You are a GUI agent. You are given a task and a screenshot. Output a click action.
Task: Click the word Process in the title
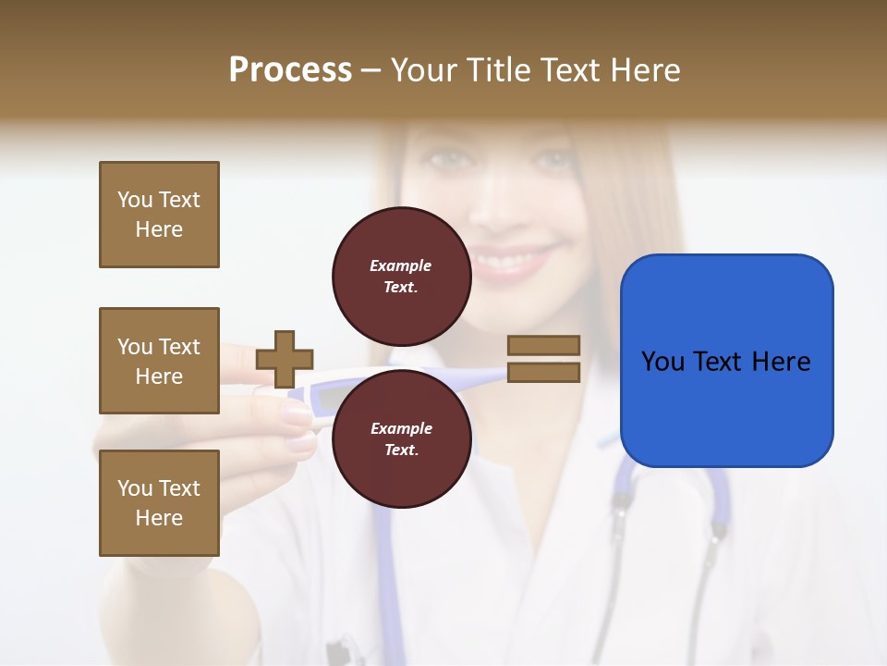point(290,69)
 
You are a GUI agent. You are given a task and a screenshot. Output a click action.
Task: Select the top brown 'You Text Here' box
point(159,215)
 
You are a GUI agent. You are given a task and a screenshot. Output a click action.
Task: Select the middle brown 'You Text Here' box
point(159,361)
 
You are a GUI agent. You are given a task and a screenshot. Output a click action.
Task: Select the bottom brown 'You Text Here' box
point(159,502)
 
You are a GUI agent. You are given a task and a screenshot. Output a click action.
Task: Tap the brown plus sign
point(284,359)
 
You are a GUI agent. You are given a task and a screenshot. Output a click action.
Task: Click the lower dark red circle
point(400,438)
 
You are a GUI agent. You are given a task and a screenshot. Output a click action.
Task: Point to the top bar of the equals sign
point(543,345)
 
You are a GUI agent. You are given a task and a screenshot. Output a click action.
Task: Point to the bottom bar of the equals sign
point(543,372)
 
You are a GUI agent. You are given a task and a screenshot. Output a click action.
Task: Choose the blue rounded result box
point(726,360)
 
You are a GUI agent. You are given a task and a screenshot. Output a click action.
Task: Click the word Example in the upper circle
point(400,265)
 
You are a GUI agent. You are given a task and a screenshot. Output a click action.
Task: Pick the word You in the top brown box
point(134,200)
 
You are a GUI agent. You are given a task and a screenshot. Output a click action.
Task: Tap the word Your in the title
point(424,69)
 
